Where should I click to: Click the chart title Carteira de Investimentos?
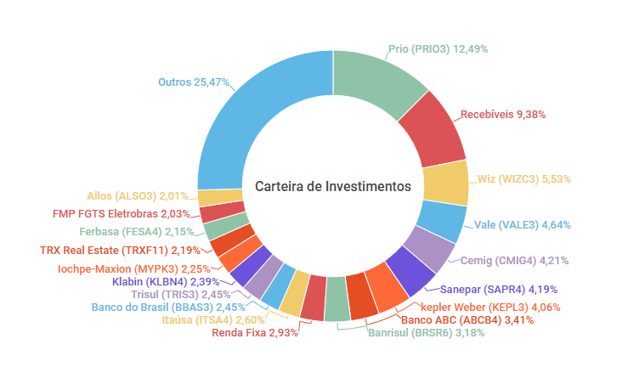pos(333,185)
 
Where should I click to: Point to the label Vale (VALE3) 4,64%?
pos(523,225)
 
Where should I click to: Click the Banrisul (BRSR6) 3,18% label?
pos(415,333)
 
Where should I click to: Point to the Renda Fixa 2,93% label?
pos(256,333)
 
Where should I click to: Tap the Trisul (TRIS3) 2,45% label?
pos(188,294)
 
